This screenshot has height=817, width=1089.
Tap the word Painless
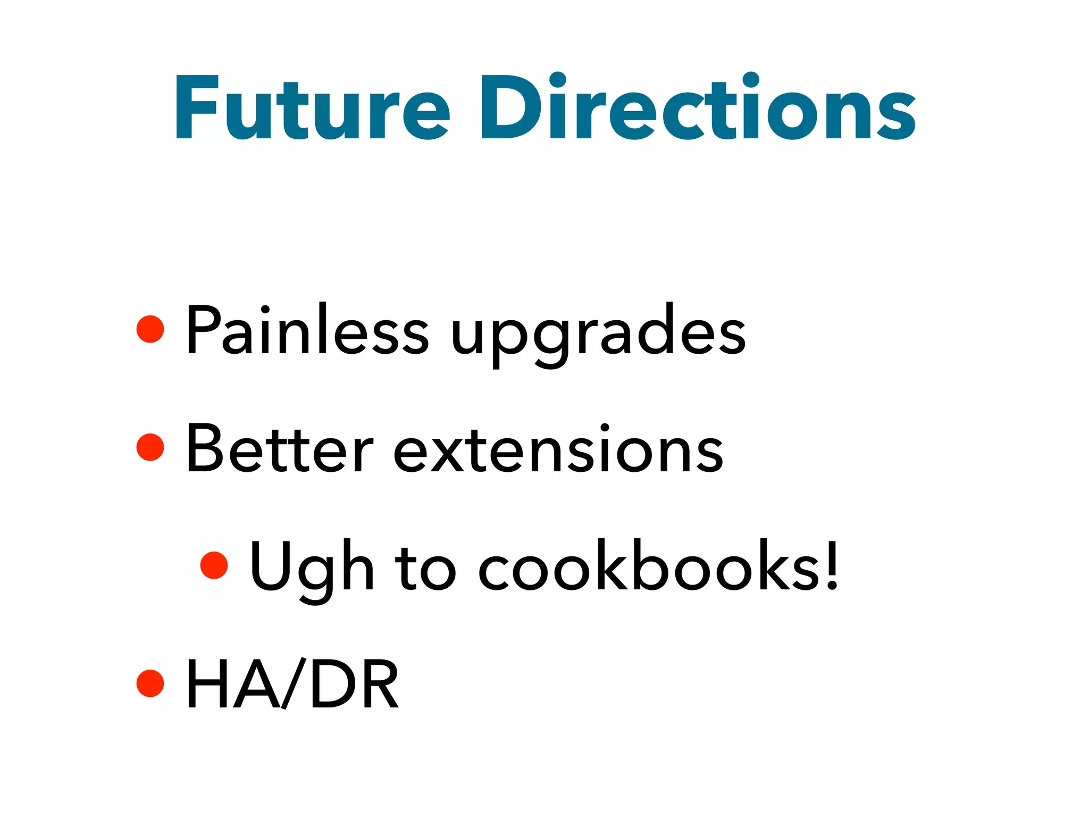pyautogui.click(x=306, y=330)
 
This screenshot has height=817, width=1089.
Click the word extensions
pyautogui.click(x=558, y=450)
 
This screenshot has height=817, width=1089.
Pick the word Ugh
pyautogui.click(x=312, y=569)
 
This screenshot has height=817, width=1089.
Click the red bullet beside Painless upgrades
pyautogui.click(x=150, y=329)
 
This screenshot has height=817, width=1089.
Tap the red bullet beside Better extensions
pyautogui.click(x=150, y=447)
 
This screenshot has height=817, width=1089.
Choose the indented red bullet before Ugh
pyautogui.click(x=214, y=565)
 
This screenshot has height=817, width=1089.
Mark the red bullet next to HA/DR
pyautogui.click(x=150, y=683)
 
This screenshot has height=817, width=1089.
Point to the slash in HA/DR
pyautogui.click(x=293, y=683)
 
